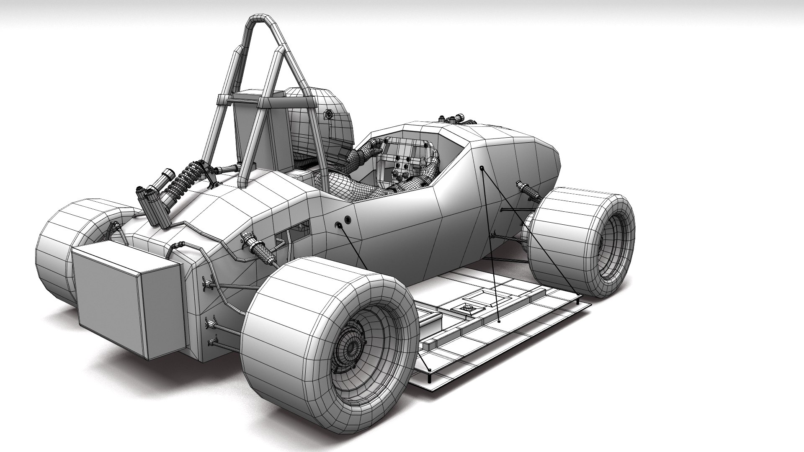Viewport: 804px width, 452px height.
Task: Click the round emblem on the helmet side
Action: click(329, 114)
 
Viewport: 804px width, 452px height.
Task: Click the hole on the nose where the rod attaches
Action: click(482, 168)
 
